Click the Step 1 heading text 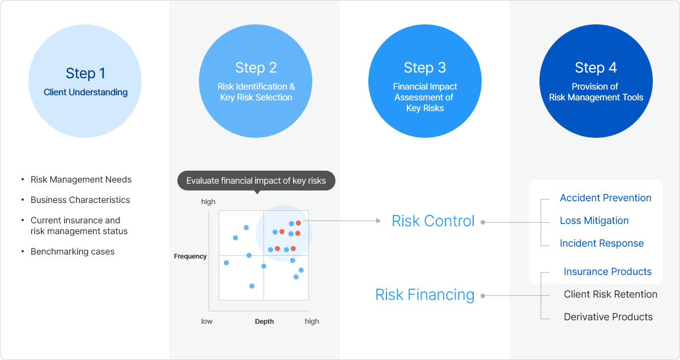click(86, 73)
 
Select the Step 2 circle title click(256, 68)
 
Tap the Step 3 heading click(424, 68)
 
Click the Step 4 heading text click(596, 68)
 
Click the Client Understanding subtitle click(86, 92)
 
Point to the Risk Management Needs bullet click(81, 180)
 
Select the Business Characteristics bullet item click(80, 200)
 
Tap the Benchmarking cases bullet click(73, 252)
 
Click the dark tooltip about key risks click(256, 181)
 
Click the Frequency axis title click(190, 256)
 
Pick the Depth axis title click(264, 321)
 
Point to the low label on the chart click(207, 321)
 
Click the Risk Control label click(433, 221)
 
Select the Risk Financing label click(424, 295)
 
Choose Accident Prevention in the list click(605, 198)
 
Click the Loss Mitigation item click(594, 221)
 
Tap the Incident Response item click(601, 243)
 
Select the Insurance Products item click(607, 272)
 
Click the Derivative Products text click(608, 317)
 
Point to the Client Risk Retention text click(610, 294)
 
